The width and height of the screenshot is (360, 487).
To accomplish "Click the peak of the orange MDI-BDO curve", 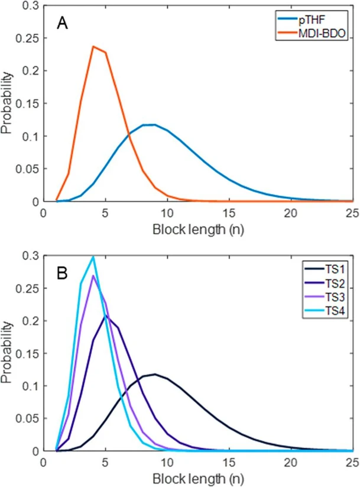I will (93, 46).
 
